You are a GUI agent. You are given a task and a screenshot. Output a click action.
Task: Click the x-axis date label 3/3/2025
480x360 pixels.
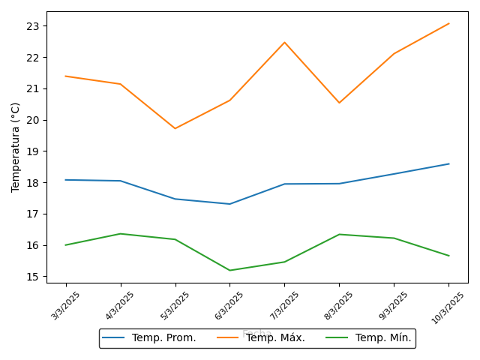66,306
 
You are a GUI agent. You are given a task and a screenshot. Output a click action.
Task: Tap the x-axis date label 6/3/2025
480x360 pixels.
230,306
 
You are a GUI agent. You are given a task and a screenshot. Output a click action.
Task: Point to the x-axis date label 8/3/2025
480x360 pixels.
340,306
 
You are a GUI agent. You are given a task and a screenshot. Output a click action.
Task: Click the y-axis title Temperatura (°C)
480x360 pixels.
16,147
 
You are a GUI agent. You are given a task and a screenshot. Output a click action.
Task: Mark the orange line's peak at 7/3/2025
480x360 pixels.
284,42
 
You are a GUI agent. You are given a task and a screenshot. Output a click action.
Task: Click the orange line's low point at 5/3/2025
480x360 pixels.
175,128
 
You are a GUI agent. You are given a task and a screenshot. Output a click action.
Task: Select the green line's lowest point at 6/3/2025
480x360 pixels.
229,270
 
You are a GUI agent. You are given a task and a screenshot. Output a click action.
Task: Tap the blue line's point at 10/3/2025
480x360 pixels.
448,163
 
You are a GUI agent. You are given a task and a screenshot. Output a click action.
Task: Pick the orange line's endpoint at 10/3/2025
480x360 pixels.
448,23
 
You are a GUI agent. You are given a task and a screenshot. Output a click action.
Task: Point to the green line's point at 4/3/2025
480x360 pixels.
121,233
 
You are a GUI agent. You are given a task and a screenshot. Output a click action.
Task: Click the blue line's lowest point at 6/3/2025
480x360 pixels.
229,204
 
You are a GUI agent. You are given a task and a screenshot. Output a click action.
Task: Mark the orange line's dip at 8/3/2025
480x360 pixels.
339,103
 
